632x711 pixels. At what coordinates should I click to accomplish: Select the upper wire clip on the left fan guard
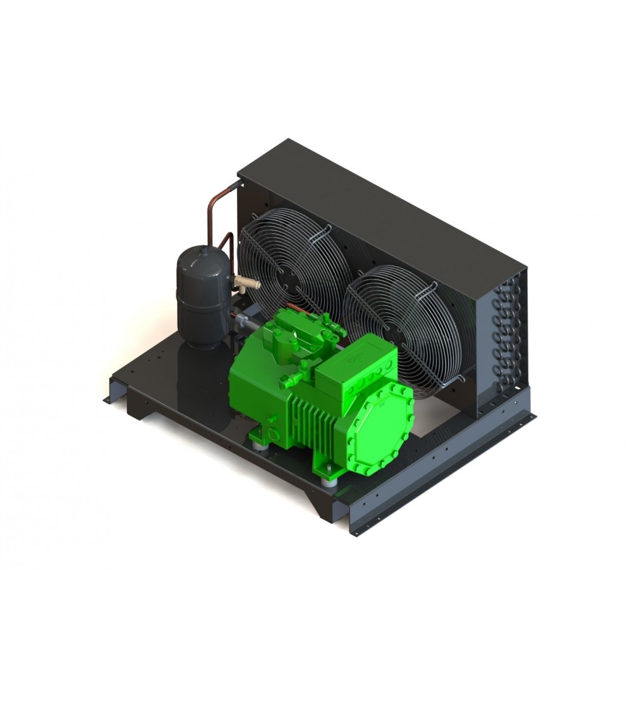(x=326, y=228)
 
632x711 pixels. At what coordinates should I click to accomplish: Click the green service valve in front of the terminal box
(x=291, y=379)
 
